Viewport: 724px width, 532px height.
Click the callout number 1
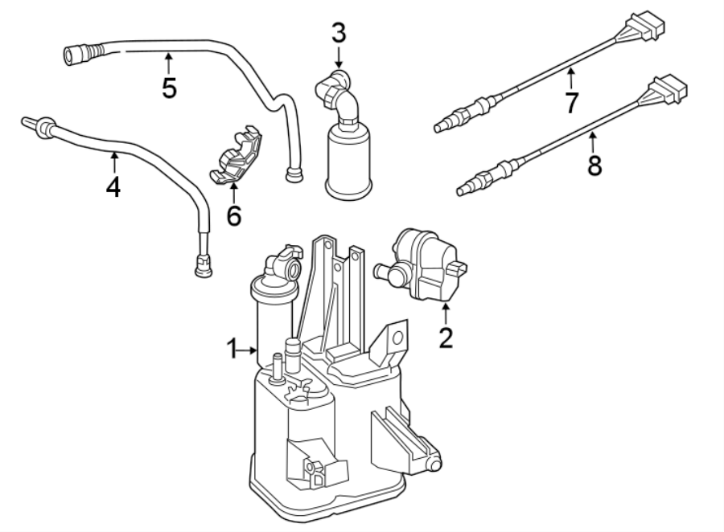[x=232, y=349]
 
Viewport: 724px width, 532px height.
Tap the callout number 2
[x=446, y=337]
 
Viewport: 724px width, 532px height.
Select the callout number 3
[x=339, y=33]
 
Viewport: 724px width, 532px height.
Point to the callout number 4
[x=113, y=186]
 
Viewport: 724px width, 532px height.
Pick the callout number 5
[x=169, y=88]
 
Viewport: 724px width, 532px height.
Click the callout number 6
[x=234, y=215]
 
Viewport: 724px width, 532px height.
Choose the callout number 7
[x=572, y=102]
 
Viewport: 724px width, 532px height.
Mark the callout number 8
[x=594, y=166]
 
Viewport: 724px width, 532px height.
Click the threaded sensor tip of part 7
[x=442, y=125]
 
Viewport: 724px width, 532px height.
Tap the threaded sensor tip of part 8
[x=465, y=189]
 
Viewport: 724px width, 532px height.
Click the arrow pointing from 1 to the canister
[x=249, y=349]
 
